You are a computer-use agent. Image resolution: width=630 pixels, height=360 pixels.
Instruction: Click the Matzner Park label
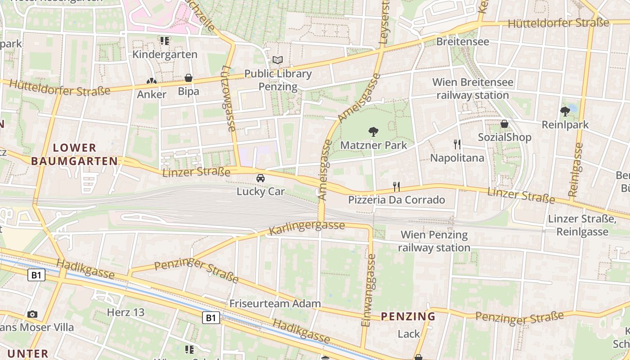coord(373,145)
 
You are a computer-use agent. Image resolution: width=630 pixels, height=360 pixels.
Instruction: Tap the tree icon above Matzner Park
coord(373,132)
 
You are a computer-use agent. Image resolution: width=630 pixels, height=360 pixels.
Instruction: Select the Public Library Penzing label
coord(278,80)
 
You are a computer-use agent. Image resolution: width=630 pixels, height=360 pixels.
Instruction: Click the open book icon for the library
coord(278,60)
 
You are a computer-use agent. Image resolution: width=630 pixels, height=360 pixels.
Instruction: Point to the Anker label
coord(152,94)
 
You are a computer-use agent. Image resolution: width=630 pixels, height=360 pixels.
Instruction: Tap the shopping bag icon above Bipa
coord(189,78)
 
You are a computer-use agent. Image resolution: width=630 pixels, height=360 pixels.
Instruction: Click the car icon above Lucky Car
coord(260,178)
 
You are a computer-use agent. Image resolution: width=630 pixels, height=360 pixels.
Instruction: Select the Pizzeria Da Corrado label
coord(396,200)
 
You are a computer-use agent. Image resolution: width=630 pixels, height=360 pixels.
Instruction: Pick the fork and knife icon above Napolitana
coord(457,144)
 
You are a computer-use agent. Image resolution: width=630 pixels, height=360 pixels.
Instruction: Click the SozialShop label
coord(504,137)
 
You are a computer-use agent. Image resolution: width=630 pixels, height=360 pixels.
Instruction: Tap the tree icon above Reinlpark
coord(565,111)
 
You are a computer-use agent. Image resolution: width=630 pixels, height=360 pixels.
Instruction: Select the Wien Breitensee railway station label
coord(472,89)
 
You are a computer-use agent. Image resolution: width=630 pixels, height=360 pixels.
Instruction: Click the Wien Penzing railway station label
coord(434,241)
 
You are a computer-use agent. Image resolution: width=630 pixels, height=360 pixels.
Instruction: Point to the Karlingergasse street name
coord(307,228)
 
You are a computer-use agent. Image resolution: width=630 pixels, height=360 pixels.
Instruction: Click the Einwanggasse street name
coord(369,290)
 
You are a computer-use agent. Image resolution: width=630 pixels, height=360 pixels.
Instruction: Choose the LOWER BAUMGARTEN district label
coord(75,154)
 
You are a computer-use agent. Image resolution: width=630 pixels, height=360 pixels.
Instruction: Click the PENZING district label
coord(408,316)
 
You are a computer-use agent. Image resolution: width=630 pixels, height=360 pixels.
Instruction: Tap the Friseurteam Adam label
coord(275,303)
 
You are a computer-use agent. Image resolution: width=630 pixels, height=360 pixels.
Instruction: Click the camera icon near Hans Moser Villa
coord(32,314)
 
